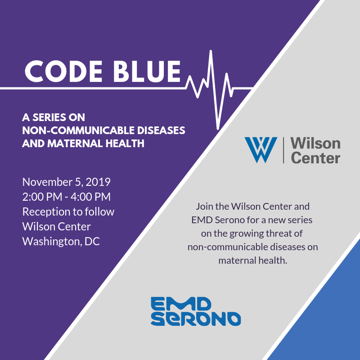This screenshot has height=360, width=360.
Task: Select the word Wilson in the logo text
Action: pos(315,144)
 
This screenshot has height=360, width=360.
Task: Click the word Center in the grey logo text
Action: pos(315,158)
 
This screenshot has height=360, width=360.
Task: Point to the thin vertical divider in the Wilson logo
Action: pos(283,150)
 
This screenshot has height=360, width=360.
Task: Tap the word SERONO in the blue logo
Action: pos(196,319)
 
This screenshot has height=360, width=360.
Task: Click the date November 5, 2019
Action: pos(67,182)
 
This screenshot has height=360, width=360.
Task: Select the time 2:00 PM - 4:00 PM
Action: pos(67,197)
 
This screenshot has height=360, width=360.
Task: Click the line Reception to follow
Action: pos(68,211)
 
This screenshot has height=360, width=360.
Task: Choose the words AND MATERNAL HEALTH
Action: pos(83,144)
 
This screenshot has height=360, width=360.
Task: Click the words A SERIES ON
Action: pos(54,117)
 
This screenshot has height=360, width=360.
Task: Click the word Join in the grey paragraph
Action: pos(204,207)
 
